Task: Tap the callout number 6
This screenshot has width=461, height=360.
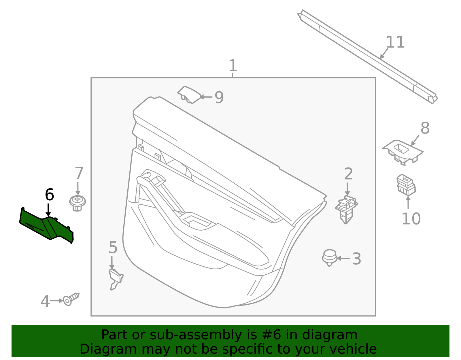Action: pos(50,195)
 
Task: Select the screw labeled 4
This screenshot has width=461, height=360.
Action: pos(71,299)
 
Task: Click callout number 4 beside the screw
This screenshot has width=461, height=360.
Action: pos(45,301)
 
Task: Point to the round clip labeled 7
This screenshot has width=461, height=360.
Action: pos(78,203)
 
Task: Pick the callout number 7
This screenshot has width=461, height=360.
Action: pos(79,173)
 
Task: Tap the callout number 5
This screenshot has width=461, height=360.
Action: pos(113,247)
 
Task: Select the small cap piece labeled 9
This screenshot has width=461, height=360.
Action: pos(189,95)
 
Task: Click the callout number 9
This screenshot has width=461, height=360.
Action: pos(219,97)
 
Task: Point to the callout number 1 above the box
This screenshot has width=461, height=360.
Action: pos(233,65)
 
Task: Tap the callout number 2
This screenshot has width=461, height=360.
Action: pos(348,174)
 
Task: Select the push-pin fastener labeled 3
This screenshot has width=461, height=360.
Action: pos(329,258)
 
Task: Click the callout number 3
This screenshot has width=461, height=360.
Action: pos(356,259)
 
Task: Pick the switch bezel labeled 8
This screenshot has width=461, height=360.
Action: pos(403,152)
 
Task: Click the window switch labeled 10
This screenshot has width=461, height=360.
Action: pos(406,185)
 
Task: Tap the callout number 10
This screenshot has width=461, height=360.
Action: pos(411,219)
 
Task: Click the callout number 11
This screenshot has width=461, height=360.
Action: pos(395,42)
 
